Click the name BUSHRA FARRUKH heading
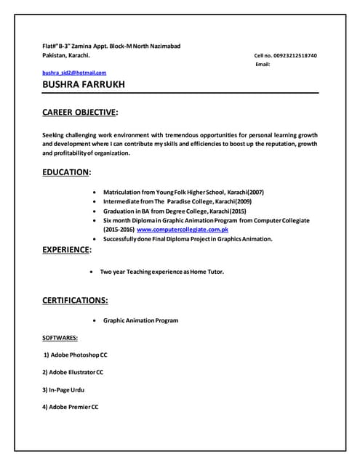click(x=84, y=85)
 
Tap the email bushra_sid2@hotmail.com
click(x=75, y=73)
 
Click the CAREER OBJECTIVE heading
click(x=80, y=113)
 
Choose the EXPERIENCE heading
click(x=67, y=250)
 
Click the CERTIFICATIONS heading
click(x=76, y=299)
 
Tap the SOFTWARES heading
click(x=60, y=338)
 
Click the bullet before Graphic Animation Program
click(x=97, y=320)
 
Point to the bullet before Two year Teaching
click(x=90, y=272)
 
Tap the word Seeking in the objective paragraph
click(x=55, y=134)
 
